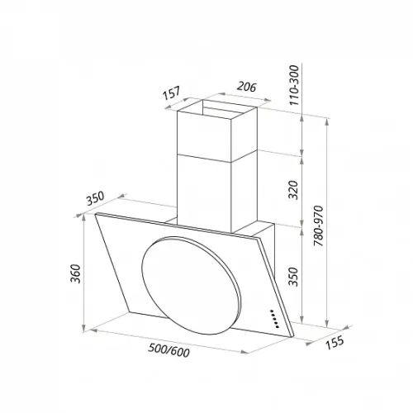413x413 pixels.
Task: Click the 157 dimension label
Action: click(x=171, y=93)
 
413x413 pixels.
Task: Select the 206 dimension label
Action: click(x=247, y=87)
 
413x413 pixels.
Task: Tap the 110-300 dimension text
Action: click(x=294, y=85)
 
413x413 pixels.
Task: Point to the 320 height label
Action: click(x=293, y=190)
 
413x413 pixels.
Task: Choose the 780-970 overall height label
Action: click(x=319, y=225)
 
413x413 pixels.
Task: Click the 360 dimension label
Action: click(x=75, y=273)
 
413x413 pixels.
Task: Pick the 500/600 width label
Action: click(x=169, y=350)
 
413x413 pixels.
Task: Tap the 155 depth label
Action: click(x=335, y=342)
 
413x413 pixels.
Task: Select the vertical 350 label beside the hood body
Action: click(x=293, y=277)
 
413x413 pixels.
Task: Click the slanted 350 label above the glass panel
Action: click(x=95, y=198)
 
